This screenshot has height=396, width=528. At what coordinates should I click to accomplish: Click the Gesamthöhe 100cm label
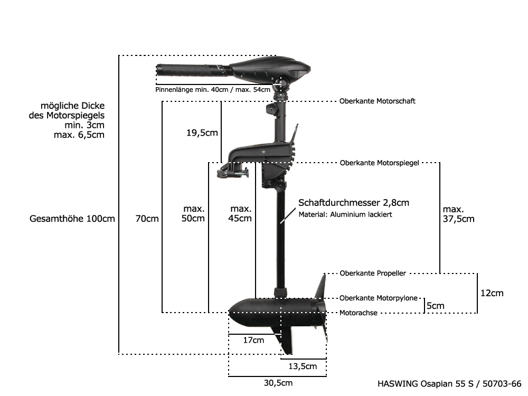point(72,219)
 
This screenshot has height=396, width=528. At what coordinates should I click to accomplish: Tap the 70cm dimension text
point(147,219)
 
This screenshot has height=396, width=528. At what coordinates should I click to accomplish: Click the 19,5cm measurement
point(202,133)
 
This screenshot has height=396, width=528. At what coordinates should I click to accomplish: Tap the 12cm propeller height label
point(492,293)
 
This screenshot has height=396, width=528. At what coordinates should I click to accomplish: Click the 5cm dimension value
point(435,306)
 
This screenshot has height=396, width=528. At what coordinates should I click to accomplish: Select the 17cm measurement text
point(253,341)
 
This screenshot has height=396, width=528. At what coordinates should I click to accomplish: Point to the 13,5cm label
point(303,366)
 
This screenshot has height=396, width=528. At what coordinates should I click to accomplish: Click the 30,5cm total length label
point(278,383)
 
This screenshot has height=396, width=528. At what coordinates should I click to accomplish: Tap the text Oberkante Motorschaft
point(377,101)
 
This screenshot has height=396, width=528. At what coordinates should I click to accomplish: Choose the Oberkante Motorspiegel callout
point(379,163)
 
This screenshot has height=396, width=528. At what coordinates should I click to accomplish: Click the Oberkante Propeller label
point(373,273)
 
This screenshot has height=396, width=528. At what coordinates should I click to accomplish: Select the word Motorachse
point(358,313)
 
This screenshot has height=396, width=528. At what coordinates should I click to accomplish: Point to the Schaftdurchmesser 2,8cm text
point(354,203)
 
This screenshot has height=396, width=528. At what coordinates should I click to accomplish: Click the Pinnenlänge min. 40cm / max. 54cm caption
point(213,90)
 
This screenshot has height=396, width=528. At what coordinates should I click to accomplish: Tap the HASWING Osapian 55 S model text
point(449,384)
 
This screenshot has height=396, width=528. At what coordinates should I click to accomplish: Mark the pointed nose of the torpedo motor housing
point(231,312)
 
